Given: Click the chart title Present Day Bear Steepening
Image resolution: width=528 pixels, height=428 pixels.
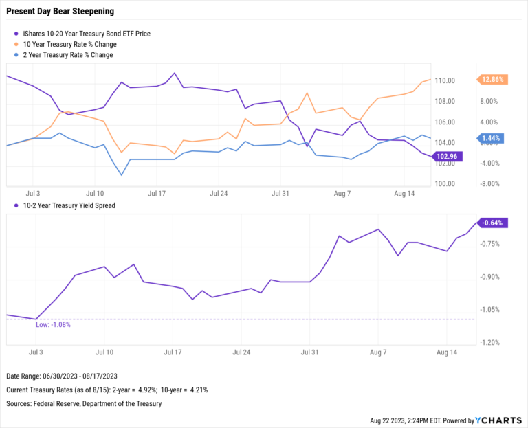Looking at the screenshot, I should click(x=60, y=12).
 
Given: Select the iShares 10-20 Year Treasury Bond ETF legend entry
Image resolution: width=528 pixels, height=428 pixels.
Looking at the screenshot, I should click(x=86, y=33).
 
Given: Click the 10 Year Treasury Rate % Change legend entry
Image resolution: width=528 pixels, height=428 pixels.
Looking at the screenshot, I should click(x=72, y=44).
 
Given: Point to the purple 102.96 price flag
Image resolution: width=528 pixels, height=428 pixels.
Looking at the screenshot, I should click(x=448, y=157).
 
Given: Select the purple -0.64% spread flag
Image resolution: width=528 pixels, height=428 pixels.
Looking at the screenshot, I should click(x=492, y=223).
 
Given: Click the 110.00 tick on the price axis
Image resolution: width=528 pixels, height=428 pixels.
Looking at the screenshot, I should click(x=445, y=81).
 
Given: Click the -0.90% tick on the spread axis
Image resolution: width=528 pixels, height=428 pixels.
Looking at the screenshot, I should click(x=490, y=277).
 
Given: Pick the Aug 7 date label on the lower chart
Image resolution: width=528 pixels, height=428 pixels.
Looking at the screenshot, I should click(x=378, y=352).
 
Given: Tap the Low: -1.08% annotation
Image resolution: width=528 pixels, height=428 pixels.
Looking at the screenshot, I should click(x=53, y=324).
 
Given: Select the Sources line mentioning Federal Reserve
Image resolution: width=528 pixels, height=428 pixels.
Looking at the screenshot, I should click(x=84, y=403).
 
